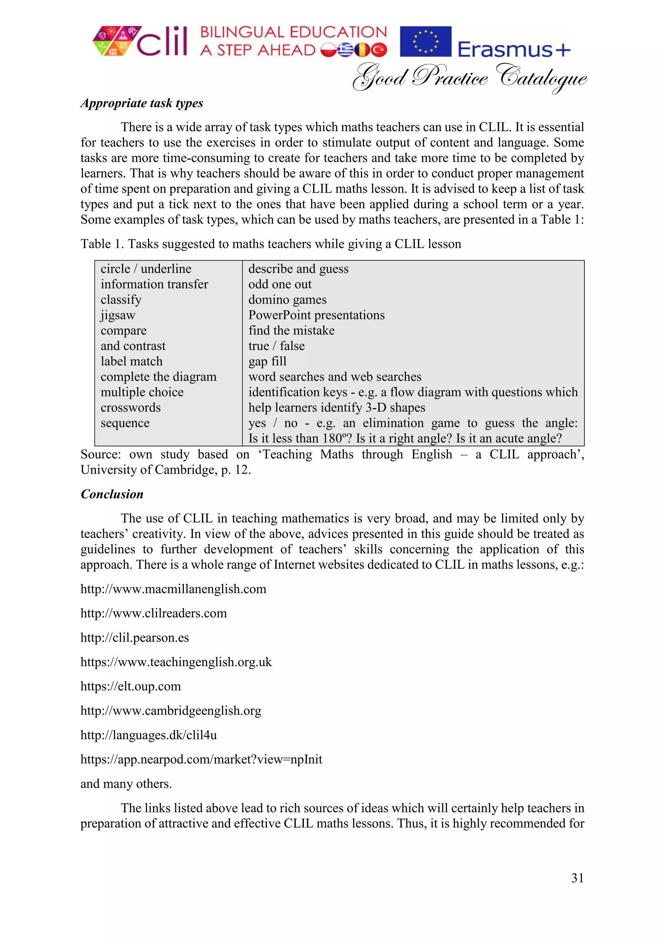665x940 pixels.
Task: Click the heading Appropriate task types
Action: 142,103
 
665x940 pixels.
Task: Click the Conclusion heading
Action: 112,494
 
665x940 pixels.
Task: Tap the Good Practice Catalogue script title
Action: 469,78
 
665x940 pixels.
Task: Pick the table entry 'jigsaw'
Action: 118,315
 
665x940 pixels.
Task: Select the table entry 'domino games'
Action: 287,300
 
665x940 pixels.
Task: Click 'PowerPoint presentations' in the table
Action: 317,315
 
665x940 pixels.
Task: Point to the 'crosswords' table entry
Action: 131,408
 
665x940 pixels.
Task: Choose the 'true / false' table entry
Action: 276,346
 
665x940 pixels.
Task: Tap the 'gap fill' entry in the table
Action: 267,362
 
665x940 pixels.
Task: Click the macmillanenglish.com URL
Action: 173,589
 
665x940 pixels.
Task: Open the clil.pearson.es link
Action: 135,638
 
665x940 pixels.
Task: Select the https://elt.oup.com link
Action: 131,686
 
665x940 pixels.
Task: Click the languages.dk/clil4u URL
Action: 149,735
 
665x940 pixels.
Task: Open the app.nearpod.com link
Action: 201,760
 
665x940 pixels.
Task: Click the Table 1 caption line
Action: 271,244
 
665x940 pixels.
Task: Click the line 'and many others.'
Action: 126,784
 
